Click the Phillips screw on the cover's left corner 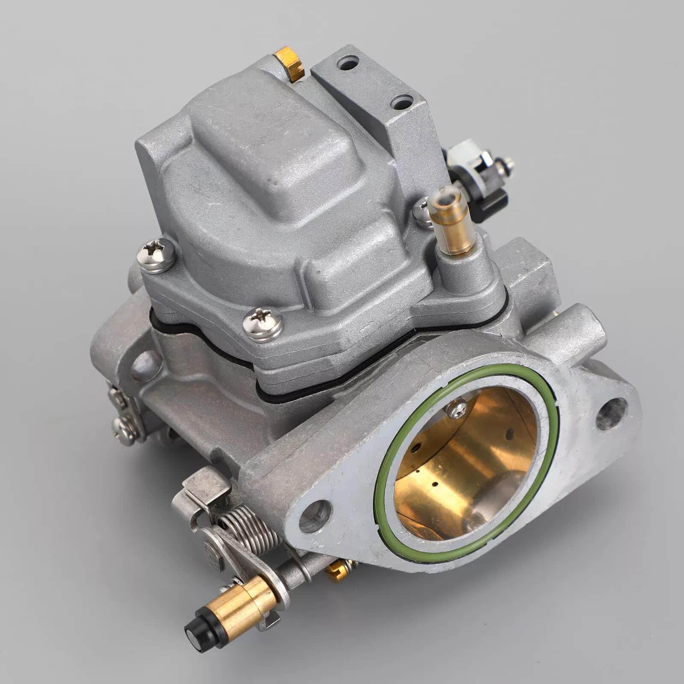click(155, 255)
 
